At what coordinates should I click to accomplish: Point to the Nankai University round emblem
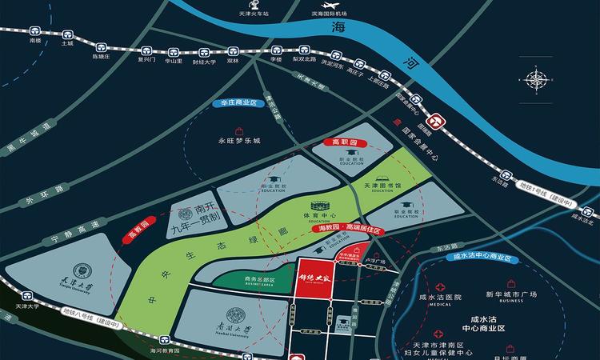coord(238,317)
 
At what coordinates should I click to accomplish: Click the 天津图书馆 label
coord(382,186)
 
